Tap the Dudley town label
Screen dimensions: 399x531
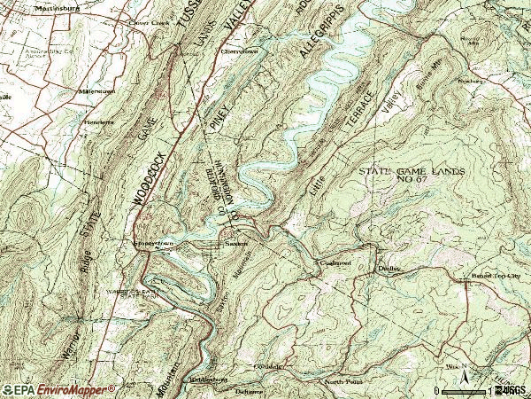pos(389,267)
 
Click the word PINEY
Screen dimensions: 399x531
pos(217,115)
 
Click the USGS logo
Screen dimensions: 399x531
pos(513,388)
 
